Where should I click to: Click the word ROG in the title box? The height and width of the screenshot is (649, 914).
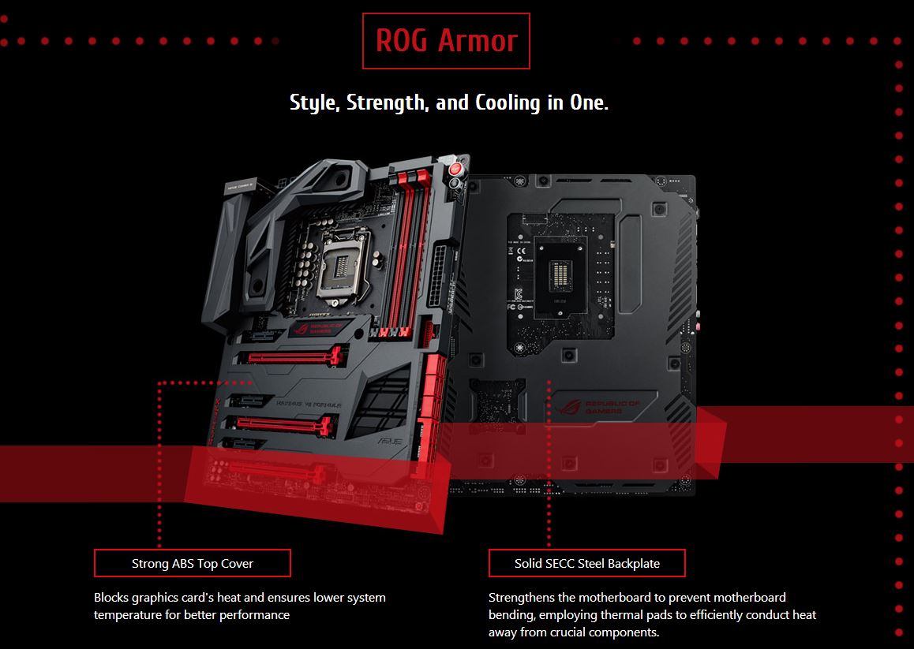pos(402,41)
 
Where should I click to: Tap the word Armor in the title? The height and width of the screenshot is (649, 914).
pos(478,41)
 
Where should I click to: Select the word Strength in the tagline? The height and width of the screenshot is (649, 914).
pos(387,103)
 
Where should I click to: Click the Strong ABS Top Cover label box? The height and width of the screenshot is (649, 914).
pos(193,563)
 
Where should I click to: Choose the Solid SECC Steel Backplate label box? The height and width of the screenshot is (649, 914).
pos(587,563)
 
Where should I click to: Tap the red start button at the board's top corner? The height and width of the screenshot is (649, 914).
pos(456,169)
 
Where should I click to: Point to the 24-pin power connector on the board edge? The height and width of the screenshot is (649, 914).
pos(438,276)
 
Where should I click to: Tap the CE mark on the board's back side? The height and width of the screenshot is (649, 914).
pos(521,252)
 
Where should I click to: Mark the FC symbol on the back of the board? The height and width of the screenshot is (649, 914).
pos(511,307)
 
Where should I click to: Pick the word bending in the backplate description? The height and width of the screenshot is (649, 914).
pos(511,615)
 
